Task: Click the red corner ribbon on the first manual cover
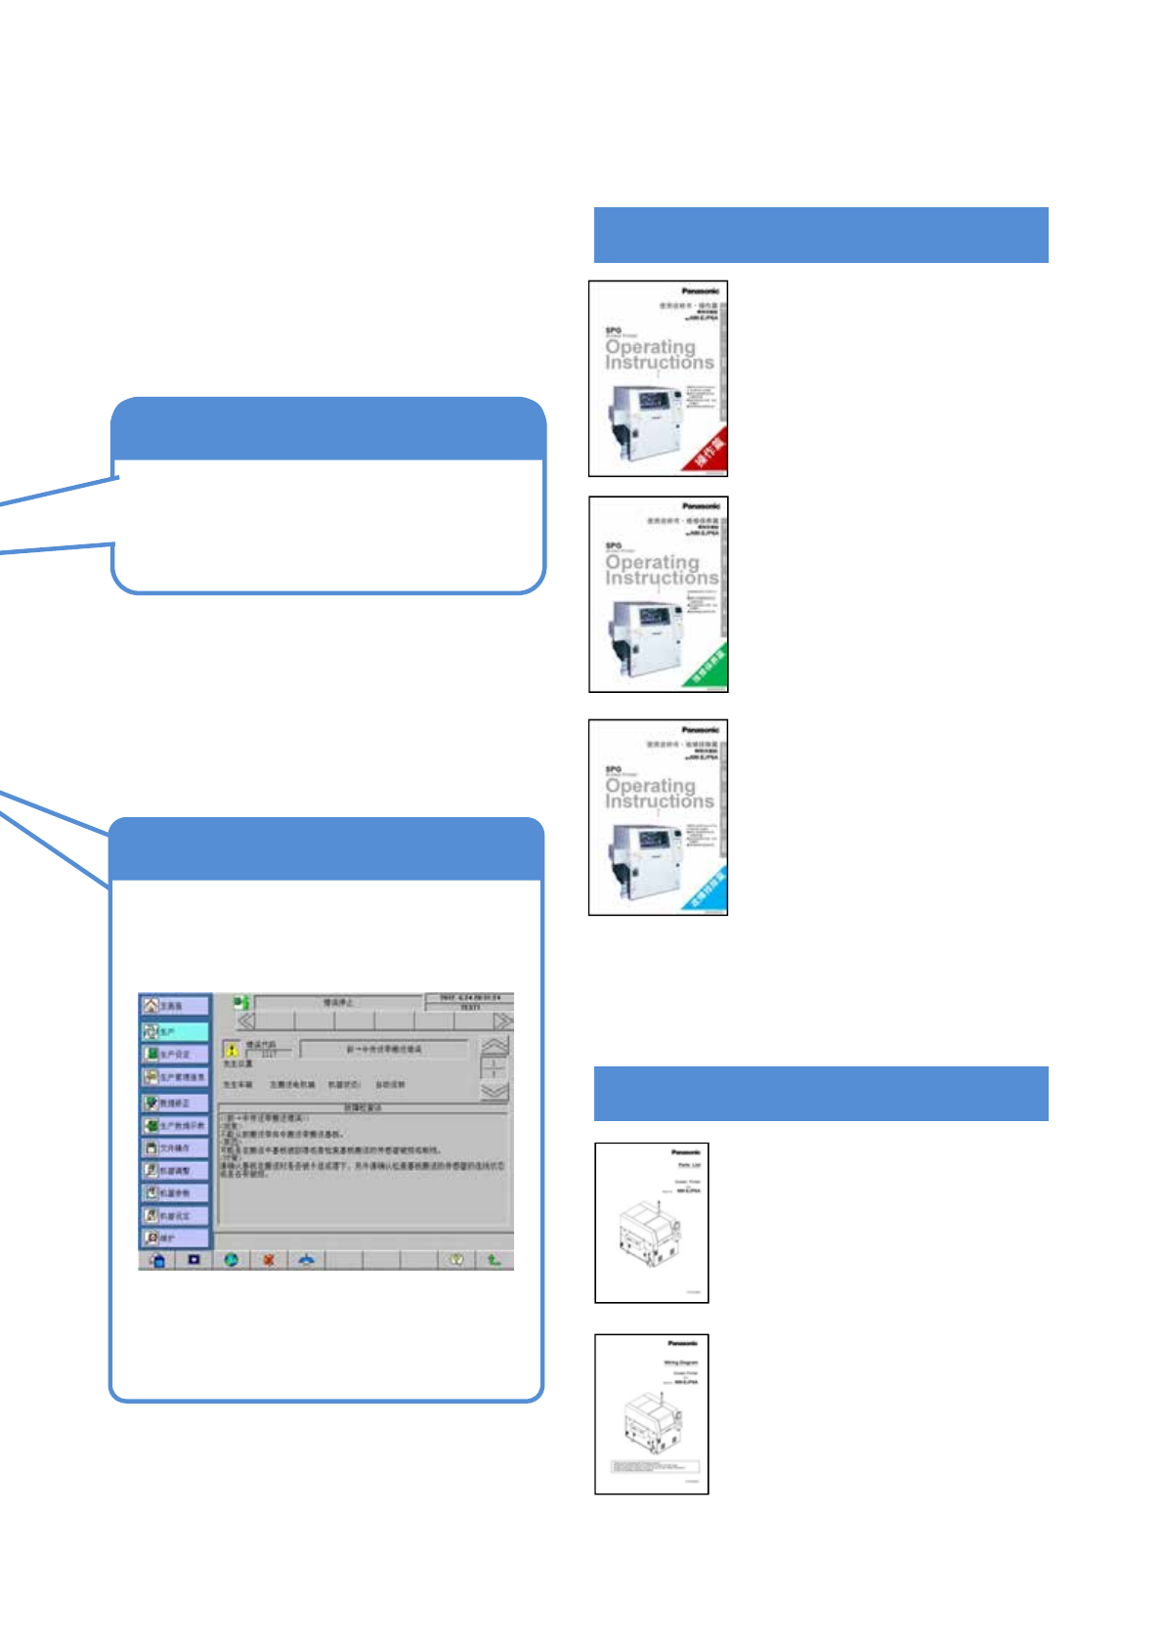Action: tap(708, 451)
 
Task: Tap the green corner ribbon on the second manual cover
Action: tap(708, 667)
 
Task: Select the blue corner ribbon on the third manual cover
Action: tap(708, 889)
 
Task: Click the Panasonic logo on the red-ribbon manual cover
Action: tap(700, 291)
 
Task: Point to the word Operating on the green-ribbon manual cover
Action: tap(652, 562)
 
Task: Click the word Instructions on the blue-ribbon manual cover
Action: tap(660, 801)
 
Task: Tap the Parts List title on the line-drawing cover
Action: tap(689, 1165)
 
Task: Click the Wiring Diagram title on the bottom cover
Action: tap(681, 1363)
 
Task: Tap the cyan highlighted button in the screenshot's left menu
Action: tap(175, 1031)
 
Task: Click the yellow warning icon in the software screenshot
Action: tap(232, 1050)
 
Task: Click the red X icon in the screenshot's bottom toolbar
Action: tap(268, 1260)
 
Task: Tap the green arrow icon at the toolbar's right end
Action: tap(494, 1260)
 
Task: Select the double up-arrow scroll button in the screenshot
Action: tap(495, 1046)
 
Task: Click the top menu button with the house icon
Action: tap(175, 1006)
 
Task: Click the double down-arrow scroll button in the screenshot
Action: tap(495, 1091)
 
